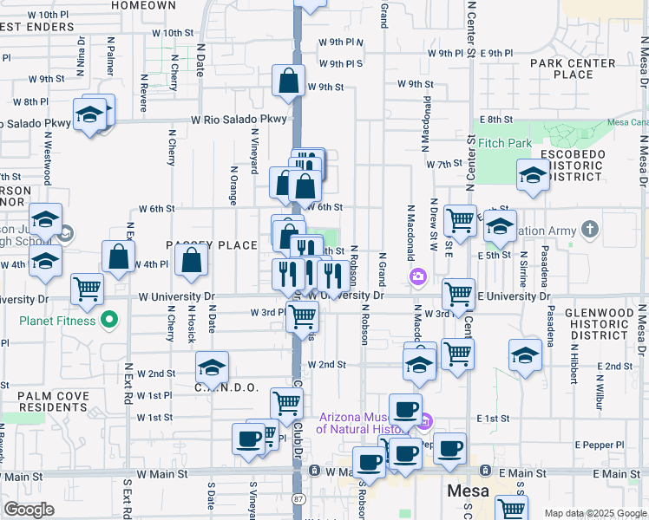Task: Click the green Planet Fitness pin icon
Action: point(108,321)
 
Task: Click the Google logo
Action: point(29,510)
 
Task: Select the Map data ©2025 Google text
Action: point(594,513)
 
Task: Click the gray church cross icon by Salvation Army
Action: point(590,230)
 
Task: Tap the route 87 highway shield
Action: point(298,500)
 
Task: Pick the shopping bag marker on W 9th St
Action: point(288,82)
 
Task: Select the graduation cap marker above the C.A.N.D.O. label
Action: point(212,368)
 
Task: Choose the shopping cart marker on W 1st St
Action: point(286,403)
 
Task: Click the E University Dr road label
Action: point(512,296)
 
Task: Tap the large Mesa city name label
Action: point(469,491)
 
